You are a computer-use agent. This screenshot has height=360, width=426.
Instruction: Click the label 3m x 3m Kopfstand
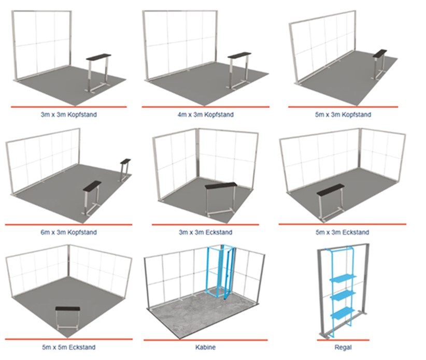pyautogui.click(x=69, y=114)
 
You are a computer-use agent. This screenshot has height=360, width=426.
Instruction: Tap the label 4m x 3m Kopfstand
pyautogui.click(x=206, y=114)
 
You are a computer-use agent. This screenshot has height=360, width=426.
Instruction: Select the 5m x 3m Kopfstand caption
pyautogui.click(x=343, y=114)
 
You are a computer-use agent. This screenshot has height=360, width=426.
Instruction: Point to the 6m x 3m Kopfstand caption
pyautogui.click(x=69, y=233)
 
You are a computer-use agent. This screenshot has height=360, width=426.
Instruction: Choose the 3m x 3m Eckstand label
pyautogui.click(x=206, y=233)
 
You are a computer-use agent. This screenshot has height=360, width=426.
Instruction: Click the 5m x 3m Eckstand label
pyautogui.click(x=343, y=233)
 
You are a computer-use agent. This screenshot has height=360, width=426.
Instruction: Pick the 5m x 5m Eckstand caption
pyautogui.click(x=69, y=347)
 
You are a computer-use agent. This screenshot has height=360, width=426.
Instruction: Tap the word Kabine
pyautogui.click(x=206, y=347)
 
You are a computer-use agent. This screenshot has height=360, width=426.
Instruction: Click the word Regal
pyautogui.click(x=343, y=348)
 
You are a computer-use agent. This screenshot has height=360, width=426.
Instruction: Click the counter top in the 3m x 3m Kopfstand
pyautogui.click(x=98, y=57)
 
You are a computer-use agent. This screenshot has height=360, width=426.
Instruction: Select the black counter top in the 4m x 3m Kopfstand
pyautogui.click(x=239, y=55)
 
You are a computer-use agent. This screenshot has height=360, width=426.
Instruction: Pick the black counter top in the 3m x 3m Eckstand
pyautogui.click(x=221, y=186)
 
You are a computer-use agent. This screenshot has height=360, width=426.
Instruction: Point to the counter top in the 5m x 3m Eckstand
pyautogui.click(x=331, y=189)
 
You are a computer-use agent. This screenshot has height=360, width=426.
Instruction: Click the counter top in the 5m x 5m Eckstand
pyautogui.click(x=68, y=309)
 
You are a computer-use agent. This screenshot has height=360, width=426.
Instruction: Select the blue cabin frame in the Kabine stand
pyautogui.click(x=221, y=271)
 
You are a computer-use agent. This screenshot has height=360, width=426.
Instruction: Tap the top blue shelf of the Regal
pyautogui.click(x=343, y=279)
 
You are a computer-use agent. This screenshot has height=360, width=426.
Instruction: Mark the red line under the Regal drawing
pyautogui.click(x=343, y=340)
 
